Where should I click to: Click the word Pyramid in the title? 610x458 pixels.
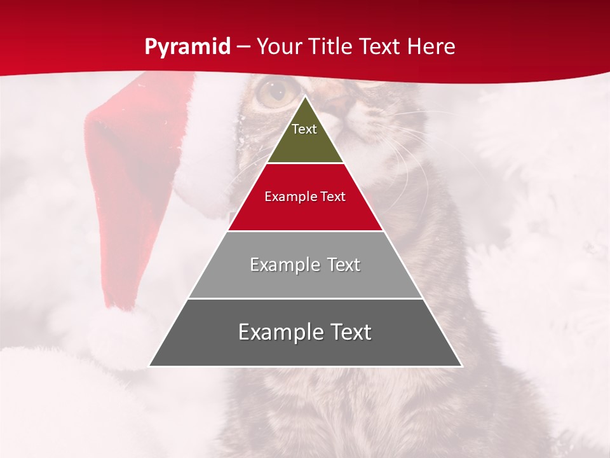(x=187, y=47)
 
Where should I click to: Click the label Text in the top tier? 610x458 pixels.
(x=304, y=129)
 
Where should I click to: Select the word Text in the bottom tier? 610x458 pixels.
(x=349, y=332)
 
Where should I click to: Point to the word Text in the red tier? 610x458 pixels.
(x=333, y=197)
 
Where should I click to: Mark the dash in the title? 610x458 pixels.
(x=243, y=47)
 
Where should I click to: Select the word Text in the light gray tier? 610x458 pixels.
(x=343, y=265)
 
